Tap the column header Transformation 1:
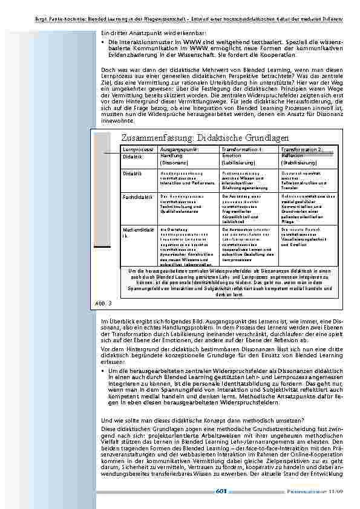(x=242, y=149)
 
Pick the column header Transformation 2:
(x=302, y=149)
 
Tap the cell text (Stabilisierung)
(x=299, y=163)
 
